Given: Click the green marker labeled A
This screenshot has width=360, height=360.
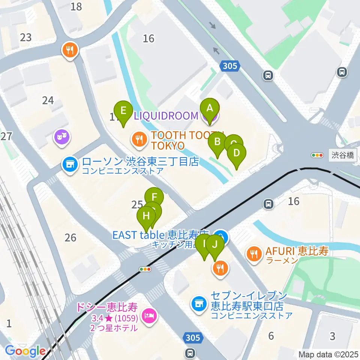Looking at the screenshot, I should (x=210, y=108).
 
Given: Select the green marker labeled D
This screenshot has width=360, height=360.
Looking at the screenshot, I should (x=237, y=153).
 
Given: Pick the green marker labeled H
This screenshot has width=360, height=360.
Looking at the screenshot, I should (x=146, y=216).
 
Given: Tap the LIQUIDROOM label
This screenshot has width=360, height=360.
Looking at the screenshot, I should (x=166, y=115).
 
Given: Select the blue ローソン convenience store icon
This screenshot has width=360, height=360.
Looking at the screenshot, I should (x=69, y=164).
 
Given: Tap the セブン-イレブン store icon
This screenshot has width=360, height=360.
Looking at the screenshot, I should (x=198, y=303).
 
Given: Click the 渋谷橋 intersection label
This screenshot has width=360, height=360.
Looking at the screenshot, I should (x=343, y=155).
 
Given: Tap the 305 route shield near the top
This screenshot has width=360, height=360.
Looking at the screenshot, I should (x=229, y=66).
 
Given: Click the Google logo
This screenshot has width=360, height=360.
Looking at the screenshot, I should (x=25, y=351).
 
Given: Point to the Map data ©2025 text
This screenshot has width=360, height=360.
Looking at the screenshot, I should (x=328, y=354).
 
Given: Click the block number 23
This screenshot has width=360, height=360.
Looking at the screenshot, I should (x=26, y=37).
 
